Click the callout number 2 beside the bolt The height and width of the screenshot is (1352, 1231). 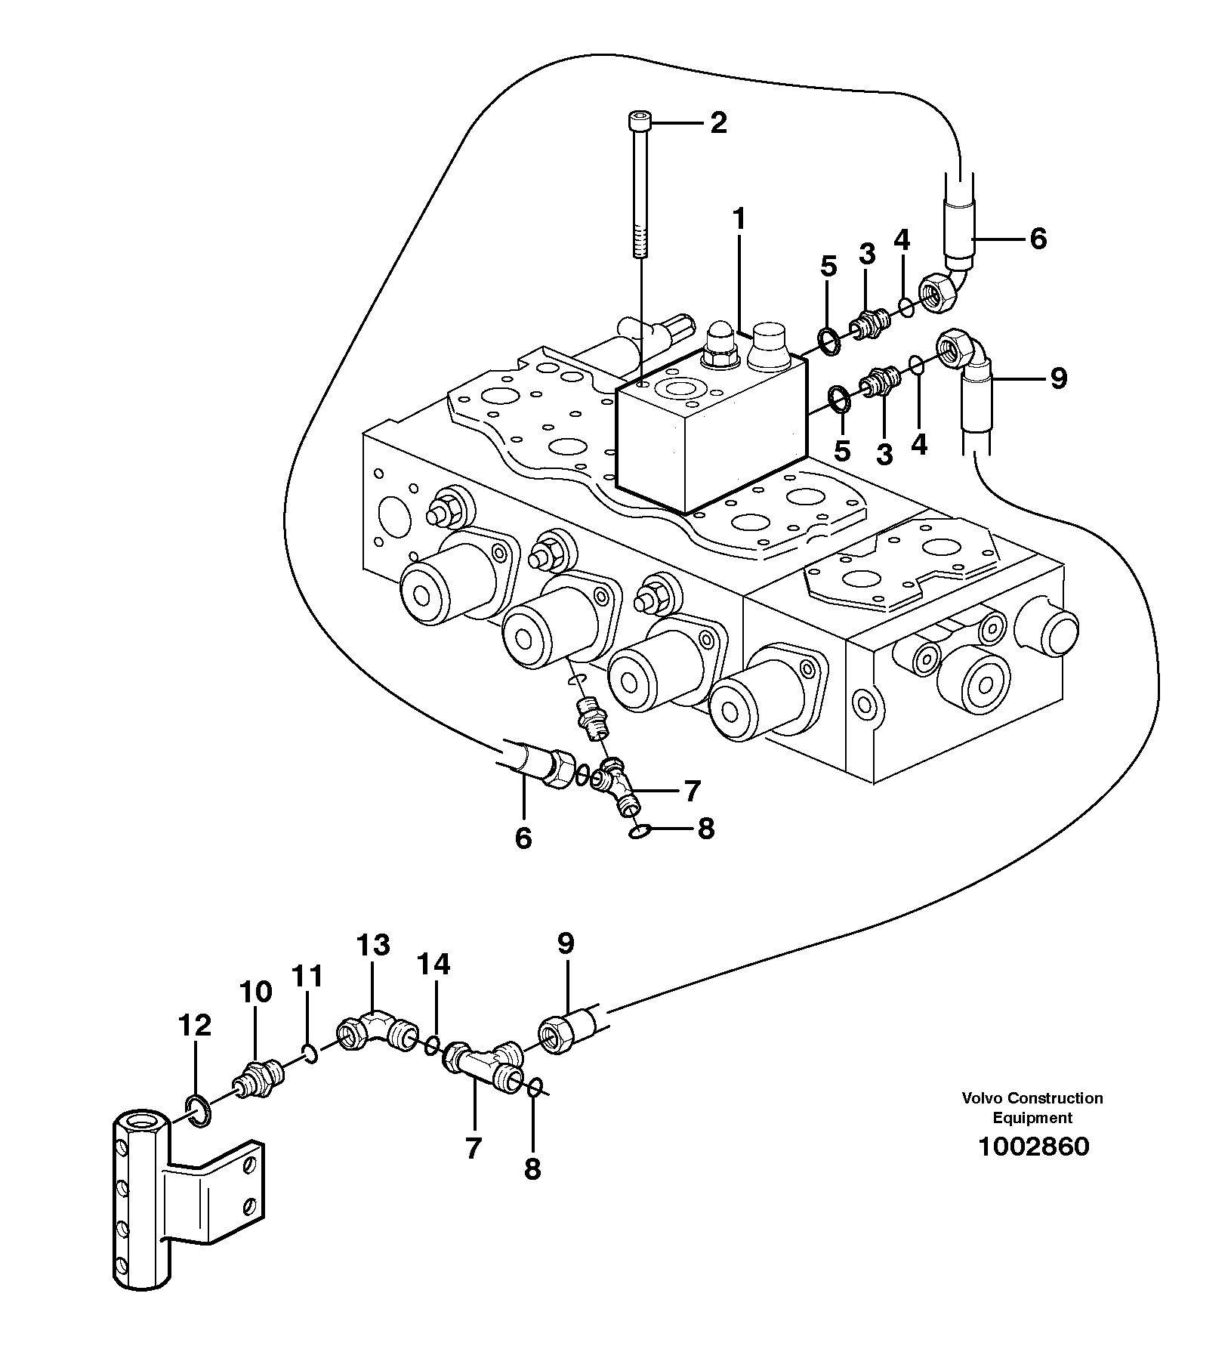point(717,122)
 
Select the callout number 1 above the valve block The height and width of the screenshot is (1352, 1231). point(739,220)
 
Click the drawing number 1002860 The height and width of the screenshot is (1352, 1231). point(1033,1147)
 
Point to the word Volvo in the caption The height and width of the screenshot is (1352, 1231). point(980,1098)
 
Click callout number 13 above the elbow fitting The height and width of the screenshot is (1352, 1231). point(374,945)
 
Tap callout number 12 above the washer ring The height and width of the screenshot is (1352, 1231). point(195,1026)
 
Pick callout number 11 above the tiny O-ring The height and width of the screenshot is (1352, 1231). point(308,977)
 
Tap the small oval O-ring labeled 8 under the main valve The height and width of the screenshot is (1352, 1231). point(638,832)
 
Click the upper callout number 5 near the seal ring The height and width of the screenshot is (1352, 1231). point(828,267)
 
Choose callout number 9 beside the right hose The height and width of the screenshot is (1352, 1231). point(1058,378)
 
